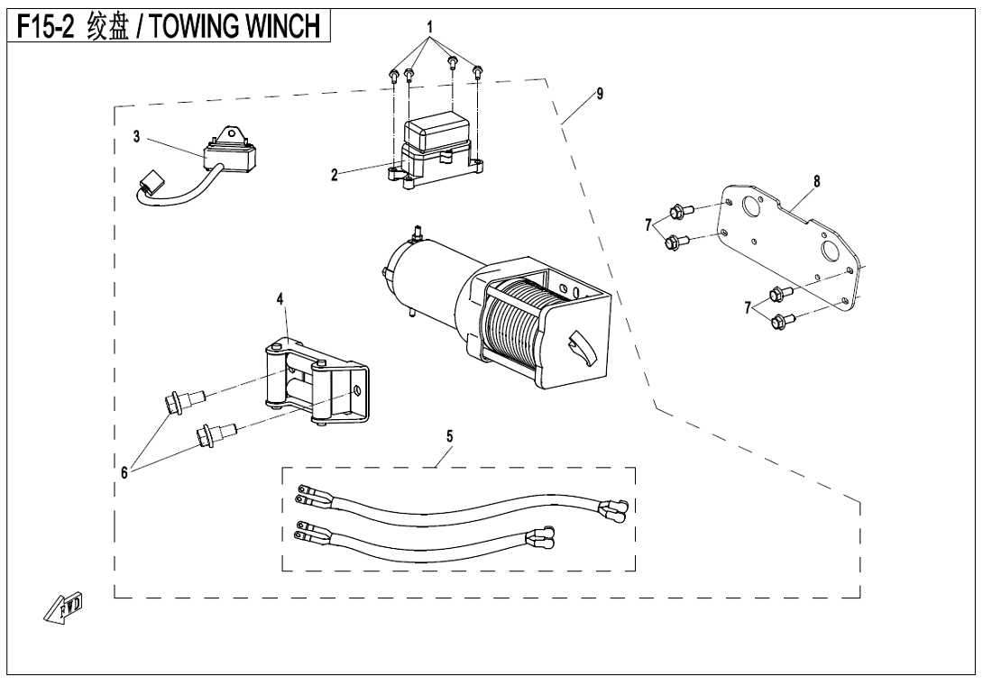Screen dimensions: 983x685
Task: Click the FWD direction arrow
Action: pyautogui.click(x=63, y=607)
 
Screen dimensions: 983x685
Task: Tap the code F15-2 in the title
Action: pyautogui.click(x=45, y=27)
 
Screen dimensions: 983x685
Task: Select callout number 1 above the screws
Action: pyautogui.click(x=430, y=28)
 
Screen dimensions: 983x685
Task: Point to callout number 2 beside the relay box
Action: pyautogui.click(x=335, y=175)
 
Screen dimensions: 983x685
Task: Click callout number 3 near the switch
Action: pyautogui.click(x=137, y=137)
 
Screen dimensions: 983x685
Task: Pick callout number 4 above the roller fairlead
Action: pyautogui.click(x=280, y=299)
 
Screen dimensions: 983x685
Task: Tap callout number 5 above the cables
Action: pyautogui.click(x=449, y=436)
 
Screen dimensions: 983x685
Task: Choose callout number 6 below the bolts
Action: pyautogui.click(x=124, y=473)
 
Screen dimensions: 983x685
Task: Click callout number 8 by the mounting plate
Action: pyautogui.click(x=817, y=182)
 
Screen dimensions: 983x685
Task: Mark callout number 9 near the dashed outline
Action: pyautogui.click(x=600, y=94)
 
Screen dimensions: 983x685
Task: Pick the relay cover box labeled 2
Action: pyautogui.click(x=435, y=148)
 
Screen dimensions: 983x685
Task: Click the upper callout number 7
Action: pyautogui.click(x=648, y=225)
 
